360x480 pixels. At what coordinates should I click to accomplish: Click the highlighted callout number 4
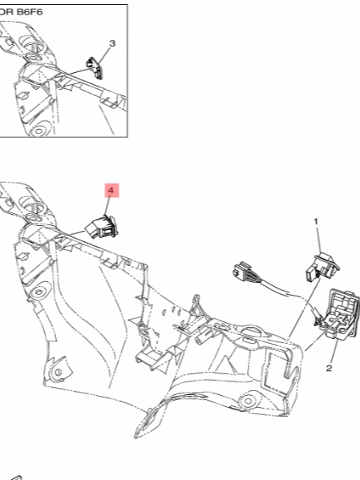(x=111, y=191)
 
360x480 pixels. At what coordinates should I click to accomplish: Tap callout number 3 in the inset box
(x=112, y=43)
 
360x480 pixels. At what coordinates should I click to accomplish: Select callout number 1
(x=316, y=221)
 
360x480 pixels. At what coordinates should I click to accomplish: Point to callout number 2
(x=329, y=368)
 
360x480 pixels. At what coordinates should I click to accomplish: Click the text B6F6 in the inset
(x=30, y=12)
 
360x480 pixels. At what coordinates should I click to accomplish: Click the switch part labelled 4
(x=102, y=227)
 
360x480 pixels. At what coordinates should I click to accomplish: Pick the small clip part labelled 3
(x=95, y=68)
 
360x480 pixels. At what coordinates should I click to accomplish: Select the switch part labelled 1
(x=322, y=266)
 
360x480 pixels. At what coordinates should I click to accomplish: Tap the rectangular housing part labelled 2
(x=342, y=314)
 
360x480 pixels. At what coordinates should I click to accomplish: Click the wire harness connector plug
(x=243, y=270)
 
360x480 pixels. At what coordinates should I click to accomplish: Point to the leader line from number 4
(x=107, y=207)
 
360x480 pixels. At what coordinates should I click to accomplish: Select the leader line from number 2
(x=334, y=352)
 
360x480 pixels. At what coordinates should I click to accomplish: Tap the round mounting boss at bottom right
(x=249, y=401)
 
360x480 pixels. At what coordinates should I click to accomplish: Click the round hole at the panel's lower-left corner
(x=58, y=372)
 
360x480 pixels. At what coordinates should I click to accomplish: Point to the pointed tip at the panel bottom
(x=136, y=436)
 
